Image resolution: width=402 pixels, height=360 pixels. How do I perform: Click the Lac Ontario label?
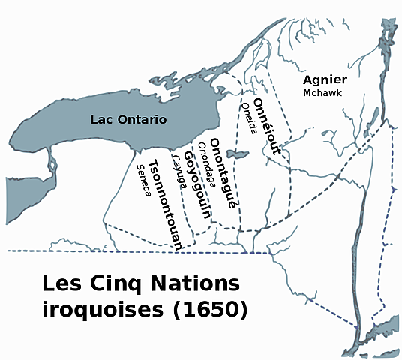click(x=127, y=120)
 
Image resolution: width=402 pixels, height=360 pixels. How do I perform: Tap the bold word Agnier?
click(x=325, y=79)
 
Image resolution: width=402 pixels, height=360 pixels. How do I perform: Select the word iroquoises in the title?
click(x=97, y=308)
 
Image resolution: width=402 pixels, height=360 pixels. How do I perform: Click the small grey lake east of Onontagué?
click(x=237, y=154)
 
